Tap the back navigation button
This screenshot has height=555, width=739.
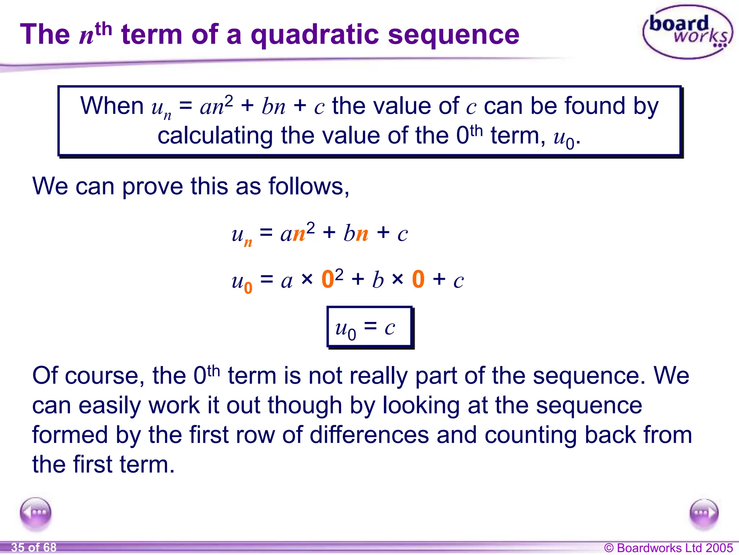[36, 513]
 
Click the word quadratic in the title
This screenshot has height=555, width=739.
[314, 35]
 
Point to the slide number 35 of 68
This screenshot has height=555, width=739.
[34, 547]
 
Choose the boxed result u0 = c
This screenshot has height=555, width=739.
[369, 327]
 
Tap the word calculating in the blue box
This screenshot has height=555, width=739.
[215, 136]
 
